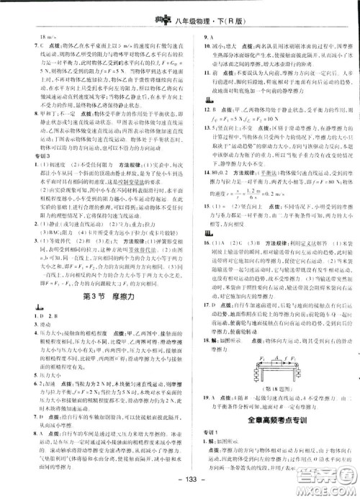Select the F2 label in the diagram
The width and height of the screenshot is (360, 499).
(x=297, y=365)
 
